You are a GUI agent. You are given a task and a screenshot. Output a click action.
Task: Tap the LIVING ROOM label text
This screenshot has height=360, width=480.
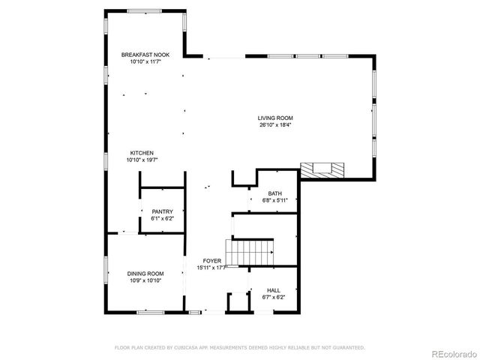275,118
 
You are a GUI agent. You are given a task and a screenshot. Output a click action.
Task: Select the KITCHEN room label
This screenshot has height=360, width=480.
142,152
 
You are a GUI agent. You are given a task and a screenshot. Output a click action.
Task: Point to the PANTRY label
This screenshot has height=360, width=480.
163,211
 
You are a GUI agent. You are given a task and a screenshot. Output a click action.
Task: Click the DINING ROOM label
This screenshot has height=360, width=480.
145,274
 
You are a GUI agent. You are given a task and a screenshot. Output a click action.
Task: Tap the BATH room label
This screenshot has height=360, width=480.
275,193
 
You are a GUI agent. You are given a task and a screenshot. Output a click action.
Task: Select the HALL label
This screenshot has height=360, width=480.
274,289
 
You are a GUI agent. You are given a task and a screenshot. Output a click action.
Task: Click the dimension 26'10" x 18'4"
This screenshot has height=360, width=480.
275,125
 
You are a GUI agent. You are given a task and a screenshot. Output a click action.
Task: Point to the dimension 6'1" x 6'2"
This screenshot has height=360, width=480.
163,219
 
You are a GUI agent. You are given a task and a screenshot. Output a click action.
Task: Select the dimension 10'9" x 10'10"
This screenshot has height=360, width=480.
145,281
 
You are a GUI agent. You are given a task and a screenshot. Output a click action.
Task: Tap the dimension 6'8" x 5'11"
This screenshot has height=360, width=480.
275,200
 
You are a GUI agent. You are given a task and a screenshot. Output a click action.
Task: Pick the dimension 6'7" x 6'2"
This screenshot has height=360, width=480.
274,297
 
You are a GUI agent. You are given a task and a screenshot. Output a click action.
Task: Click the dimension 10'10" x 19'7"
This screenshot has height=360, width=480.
142,160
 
